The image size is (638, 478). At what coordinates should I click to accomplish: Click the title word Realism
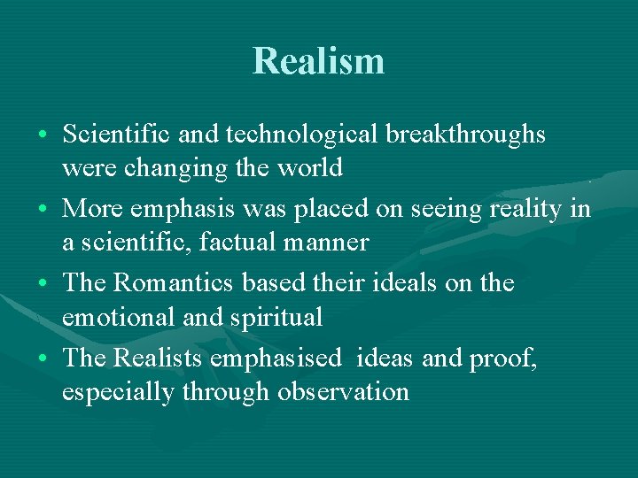click(318, 61)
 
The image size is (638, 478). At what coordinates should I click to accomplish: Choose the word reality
click(522, 209)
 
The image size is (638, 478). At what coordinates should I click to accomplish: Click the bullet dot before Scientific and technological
click(43, 135)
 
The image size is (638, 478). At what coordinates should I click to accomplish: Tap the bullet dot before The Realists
click(43, 359)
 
